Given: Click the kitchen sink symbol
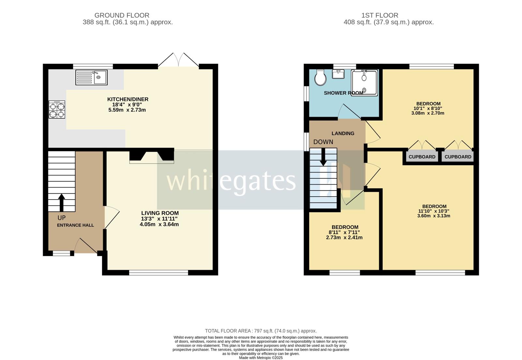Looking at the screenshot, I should pos(91,77).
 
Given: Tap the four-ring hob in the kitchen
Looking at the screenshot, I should pos(57,110).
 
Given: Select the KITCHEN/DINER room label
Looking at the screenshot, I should pos(128,99).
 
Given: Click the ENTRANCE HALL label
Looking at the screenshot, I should pos(75,225).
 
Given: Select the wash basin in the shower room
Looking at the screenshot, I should pos(338,74).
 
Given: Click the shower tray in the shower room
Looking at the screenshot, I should pos(364,82).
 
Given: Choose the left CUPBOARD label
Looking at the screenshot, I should pos(422,157).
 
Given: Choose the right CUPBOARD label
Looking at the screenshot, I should pos(458,157).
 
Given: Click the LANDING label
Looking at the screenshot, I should pos(343,133).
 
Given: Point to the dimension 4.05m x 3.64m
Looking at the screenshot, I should pos(159,224).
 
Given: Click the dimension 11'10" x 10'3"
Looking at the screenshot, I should pos(434,211).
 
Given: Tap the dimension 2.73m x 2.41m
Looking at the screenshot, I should pos(344,238).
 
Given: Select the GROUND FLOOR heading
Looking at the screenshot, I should pos(122,15).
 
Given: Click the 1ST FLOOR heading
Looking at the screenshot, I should pos(379,15).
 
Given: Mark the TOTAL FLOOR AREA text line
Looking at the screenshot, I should pos(261,331).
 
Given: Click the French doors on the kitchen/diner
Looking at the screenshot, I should pos(178,61).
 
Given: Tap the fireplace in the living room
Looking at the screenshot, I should pos(152,156).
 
